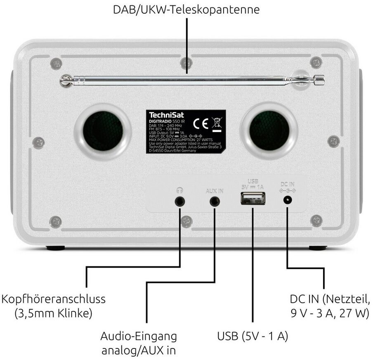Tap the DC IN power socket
click(288, 201)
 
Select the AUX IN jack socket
click(214, 201)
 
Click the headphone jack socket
click(180, 201)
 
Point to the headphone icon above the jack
click(179, 190)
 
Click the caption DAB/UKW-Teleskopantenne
click(186, 9)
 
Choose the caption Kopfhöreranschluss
click(53, 298)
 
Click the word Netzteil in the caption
click(349, 298)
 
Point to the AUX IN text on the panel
click(214, 191)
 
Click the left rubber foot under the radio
click(55, 249)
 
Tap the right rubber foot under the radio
click(318, 249)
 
